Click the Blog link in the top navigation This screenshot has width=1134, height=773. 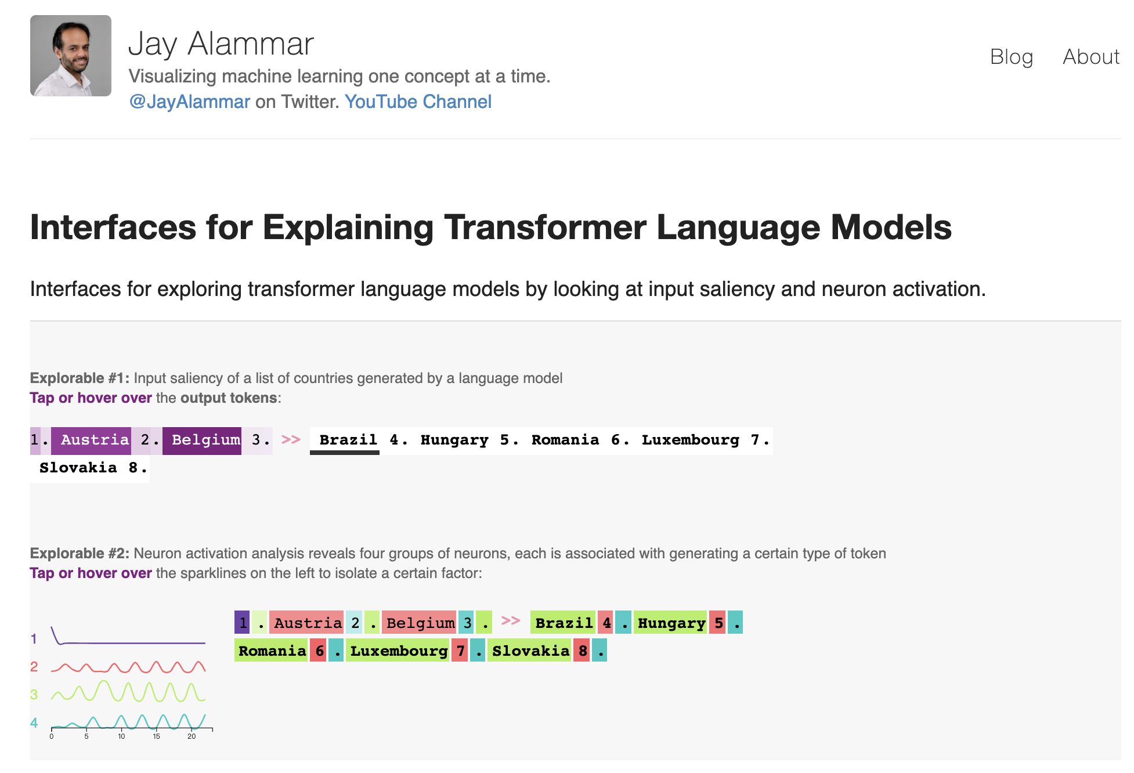(x=1011, y=57)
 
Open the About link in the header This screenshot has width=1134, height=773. (x=1090, y=57)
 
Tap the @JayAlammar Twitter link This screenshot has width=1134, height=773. (x=189, y=102)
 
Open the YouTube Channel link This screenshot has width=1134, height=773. (x=418, y=102)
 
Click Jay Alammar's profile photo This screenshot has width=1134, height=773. (x=71, y=56)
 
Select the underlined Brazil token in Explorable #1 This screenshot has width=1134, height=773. (x=348, y=440)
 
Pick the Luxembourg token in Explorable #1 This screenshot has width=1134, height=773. (x=690, y=440)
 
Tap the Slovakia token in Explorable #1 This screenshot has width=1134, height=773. (x=78, y=468)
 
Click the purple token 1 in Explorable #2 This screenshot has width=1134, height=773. (x=243, y=623)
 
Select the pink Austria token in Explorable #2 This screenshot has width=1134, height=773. (x=308, y=623)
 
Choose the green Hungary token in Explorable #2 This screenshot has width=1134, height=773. (x=671, y=623)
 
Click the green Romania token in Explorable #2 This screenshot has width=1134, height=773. (x=272, y=651)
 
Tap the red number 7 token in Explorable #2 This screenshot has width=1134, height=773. (x=460, y=651)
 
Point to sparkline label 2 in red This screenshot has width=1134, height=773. (x=34, y=667)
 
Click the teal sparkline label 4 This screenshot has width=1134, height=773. (x=34, y=723)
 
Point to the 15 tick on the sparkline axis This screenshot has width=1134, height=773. (x=156, y=736)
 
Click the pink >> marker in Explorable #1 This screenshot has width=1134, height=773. (x=291, y=439)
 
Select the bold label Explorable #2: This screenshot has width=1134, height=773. (x=80, y=553)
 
